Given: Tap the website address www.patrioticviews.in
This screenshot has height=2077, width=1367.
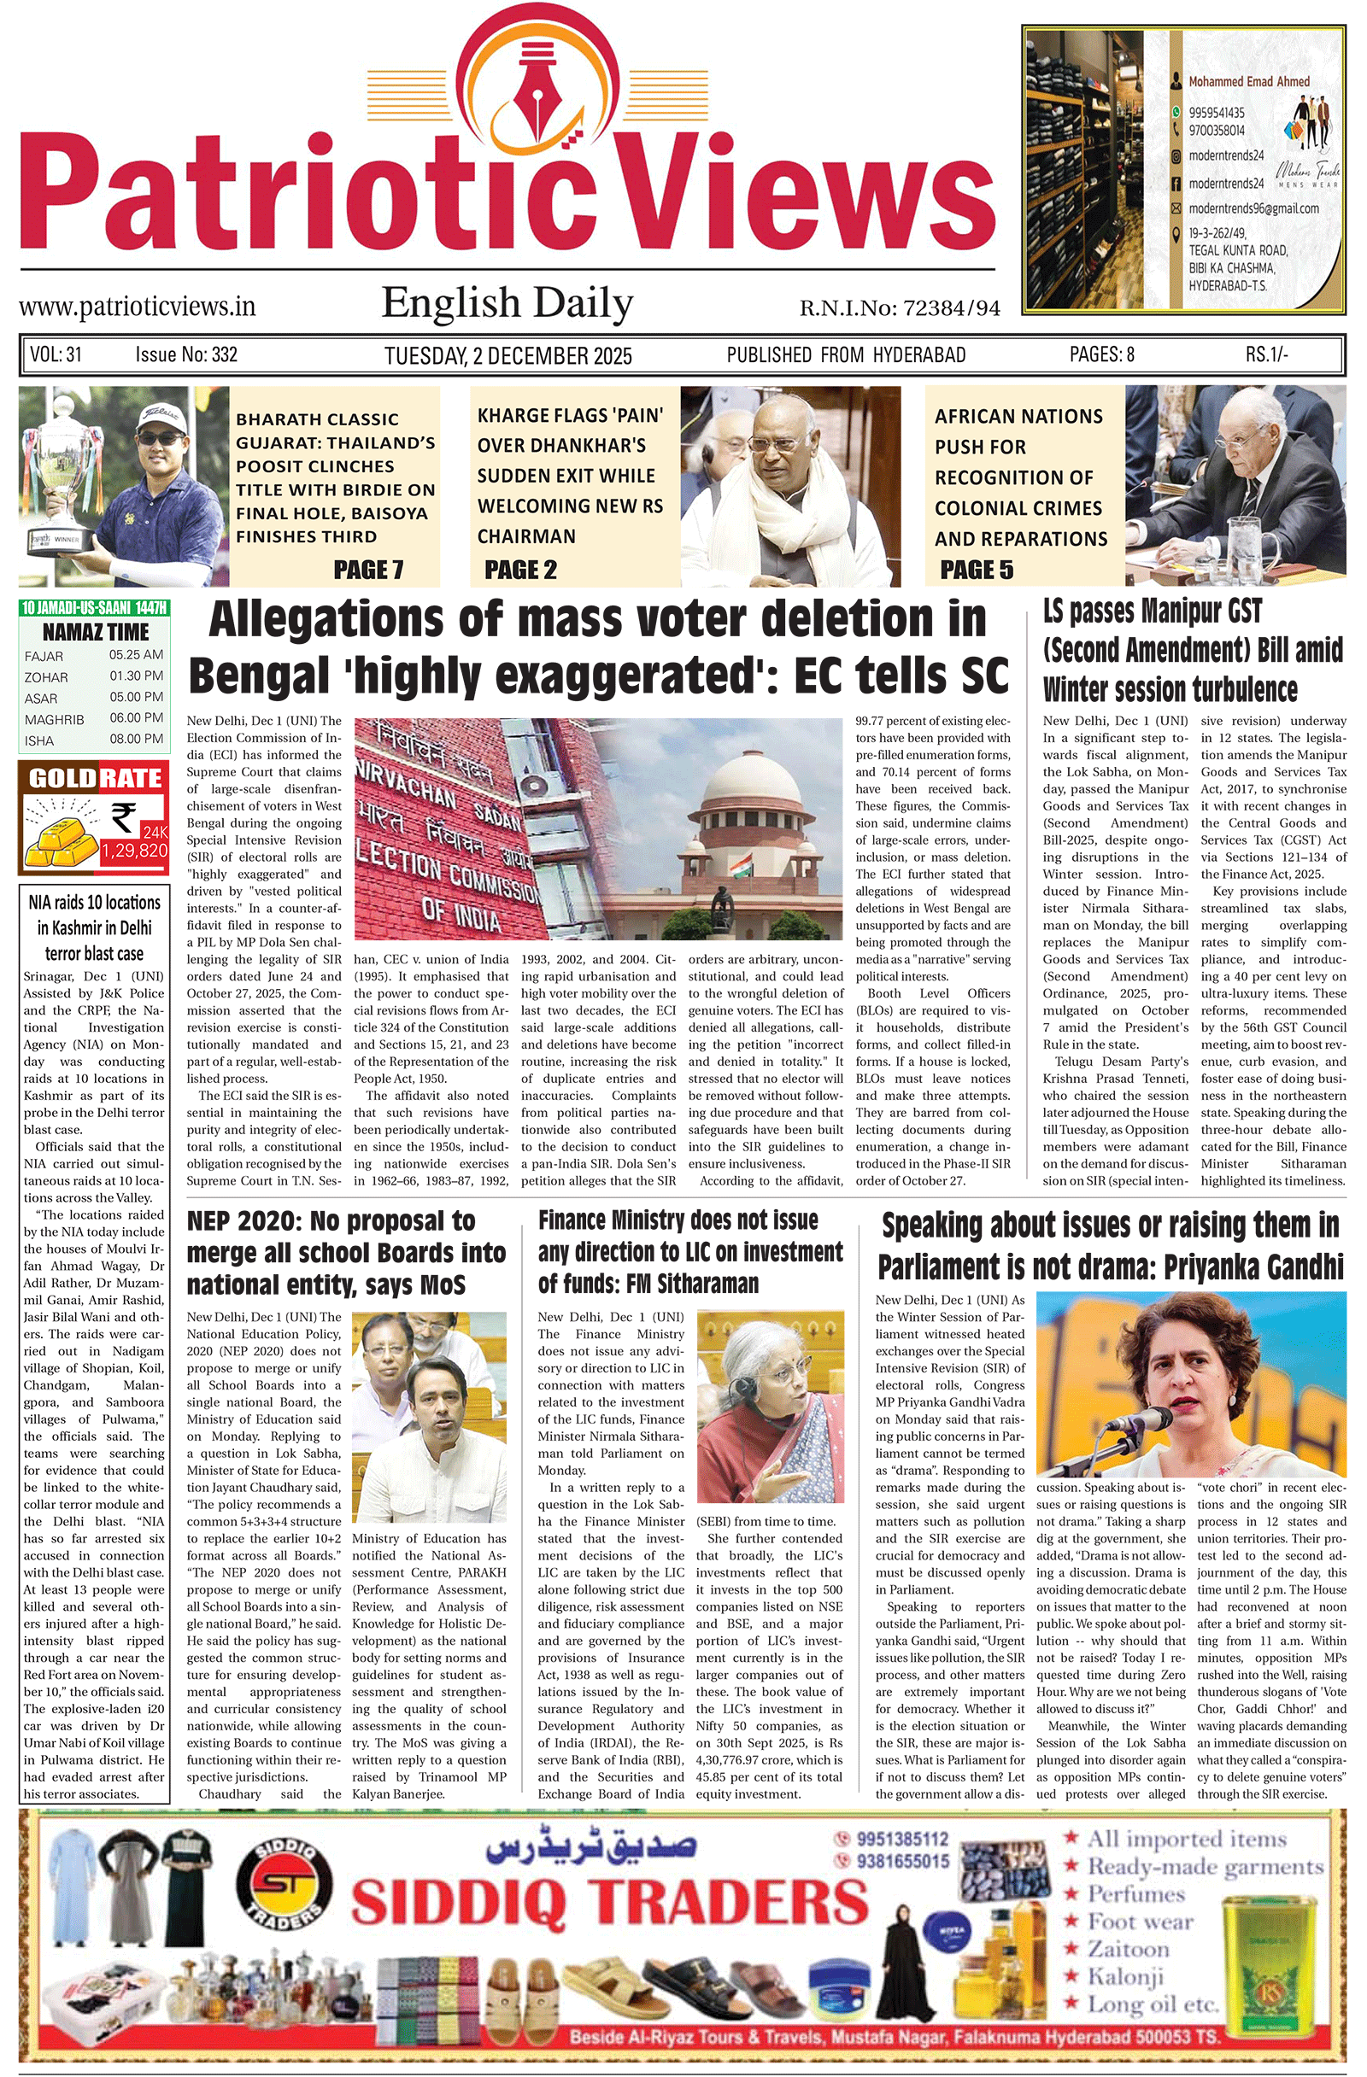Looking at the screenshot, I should click(137, 307).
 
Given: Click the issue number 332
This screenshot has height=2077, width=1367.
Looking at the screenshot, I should click(224, 354).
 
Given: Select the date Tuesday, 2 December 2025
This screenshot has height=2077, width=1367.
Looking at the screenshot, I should click(508, 356).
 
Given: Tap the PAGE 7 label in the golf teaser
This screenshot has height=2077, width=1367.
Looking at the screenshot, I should click(368, 570).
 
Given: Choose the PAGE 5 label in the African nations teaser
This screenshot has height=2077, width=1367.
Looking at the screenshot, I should click(977, 570).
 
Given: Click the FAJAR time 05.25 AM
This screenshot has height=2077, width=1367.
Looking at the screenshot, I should click(136, 654).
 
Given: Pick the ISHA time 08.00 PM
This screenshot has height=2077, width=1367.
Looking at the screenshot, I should click(136, 740).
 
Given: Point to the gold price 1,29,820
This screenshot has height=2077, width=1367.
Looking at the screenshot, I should click(134, 850).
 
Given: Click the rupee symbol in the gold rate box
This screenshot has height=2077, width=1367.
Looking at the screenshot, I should click(123, 817).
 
